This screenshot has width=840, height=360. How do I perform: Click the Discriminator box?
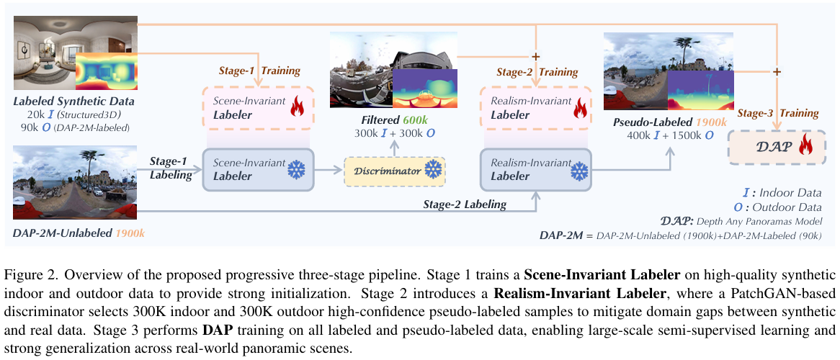click(x=396, y=171)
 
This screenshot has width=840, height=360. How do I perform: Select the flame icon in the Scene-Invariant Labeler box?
click(x=297, y=110)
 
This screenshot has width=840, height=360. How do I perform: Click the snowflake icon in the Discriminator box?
click(x=432, y=171)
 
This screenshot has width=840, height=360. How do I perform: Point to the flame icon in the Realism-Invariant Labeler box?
click(x=577, y=110)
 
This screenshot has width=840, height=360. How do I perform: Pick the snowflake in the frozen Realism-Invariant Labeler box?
click(x=578, y=171)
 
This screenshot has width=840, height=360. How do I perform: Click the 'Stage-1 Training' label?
click(x=259, y=71)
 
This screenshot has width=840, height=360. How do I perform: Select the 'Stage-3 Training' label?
click(x=778, y=113)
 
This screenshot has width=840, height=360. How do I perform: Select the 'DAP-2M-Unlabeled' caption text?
click(x=63, y=233)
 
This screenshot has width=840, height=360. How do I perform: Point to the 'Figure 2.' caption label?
click(x=28, y=275)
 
